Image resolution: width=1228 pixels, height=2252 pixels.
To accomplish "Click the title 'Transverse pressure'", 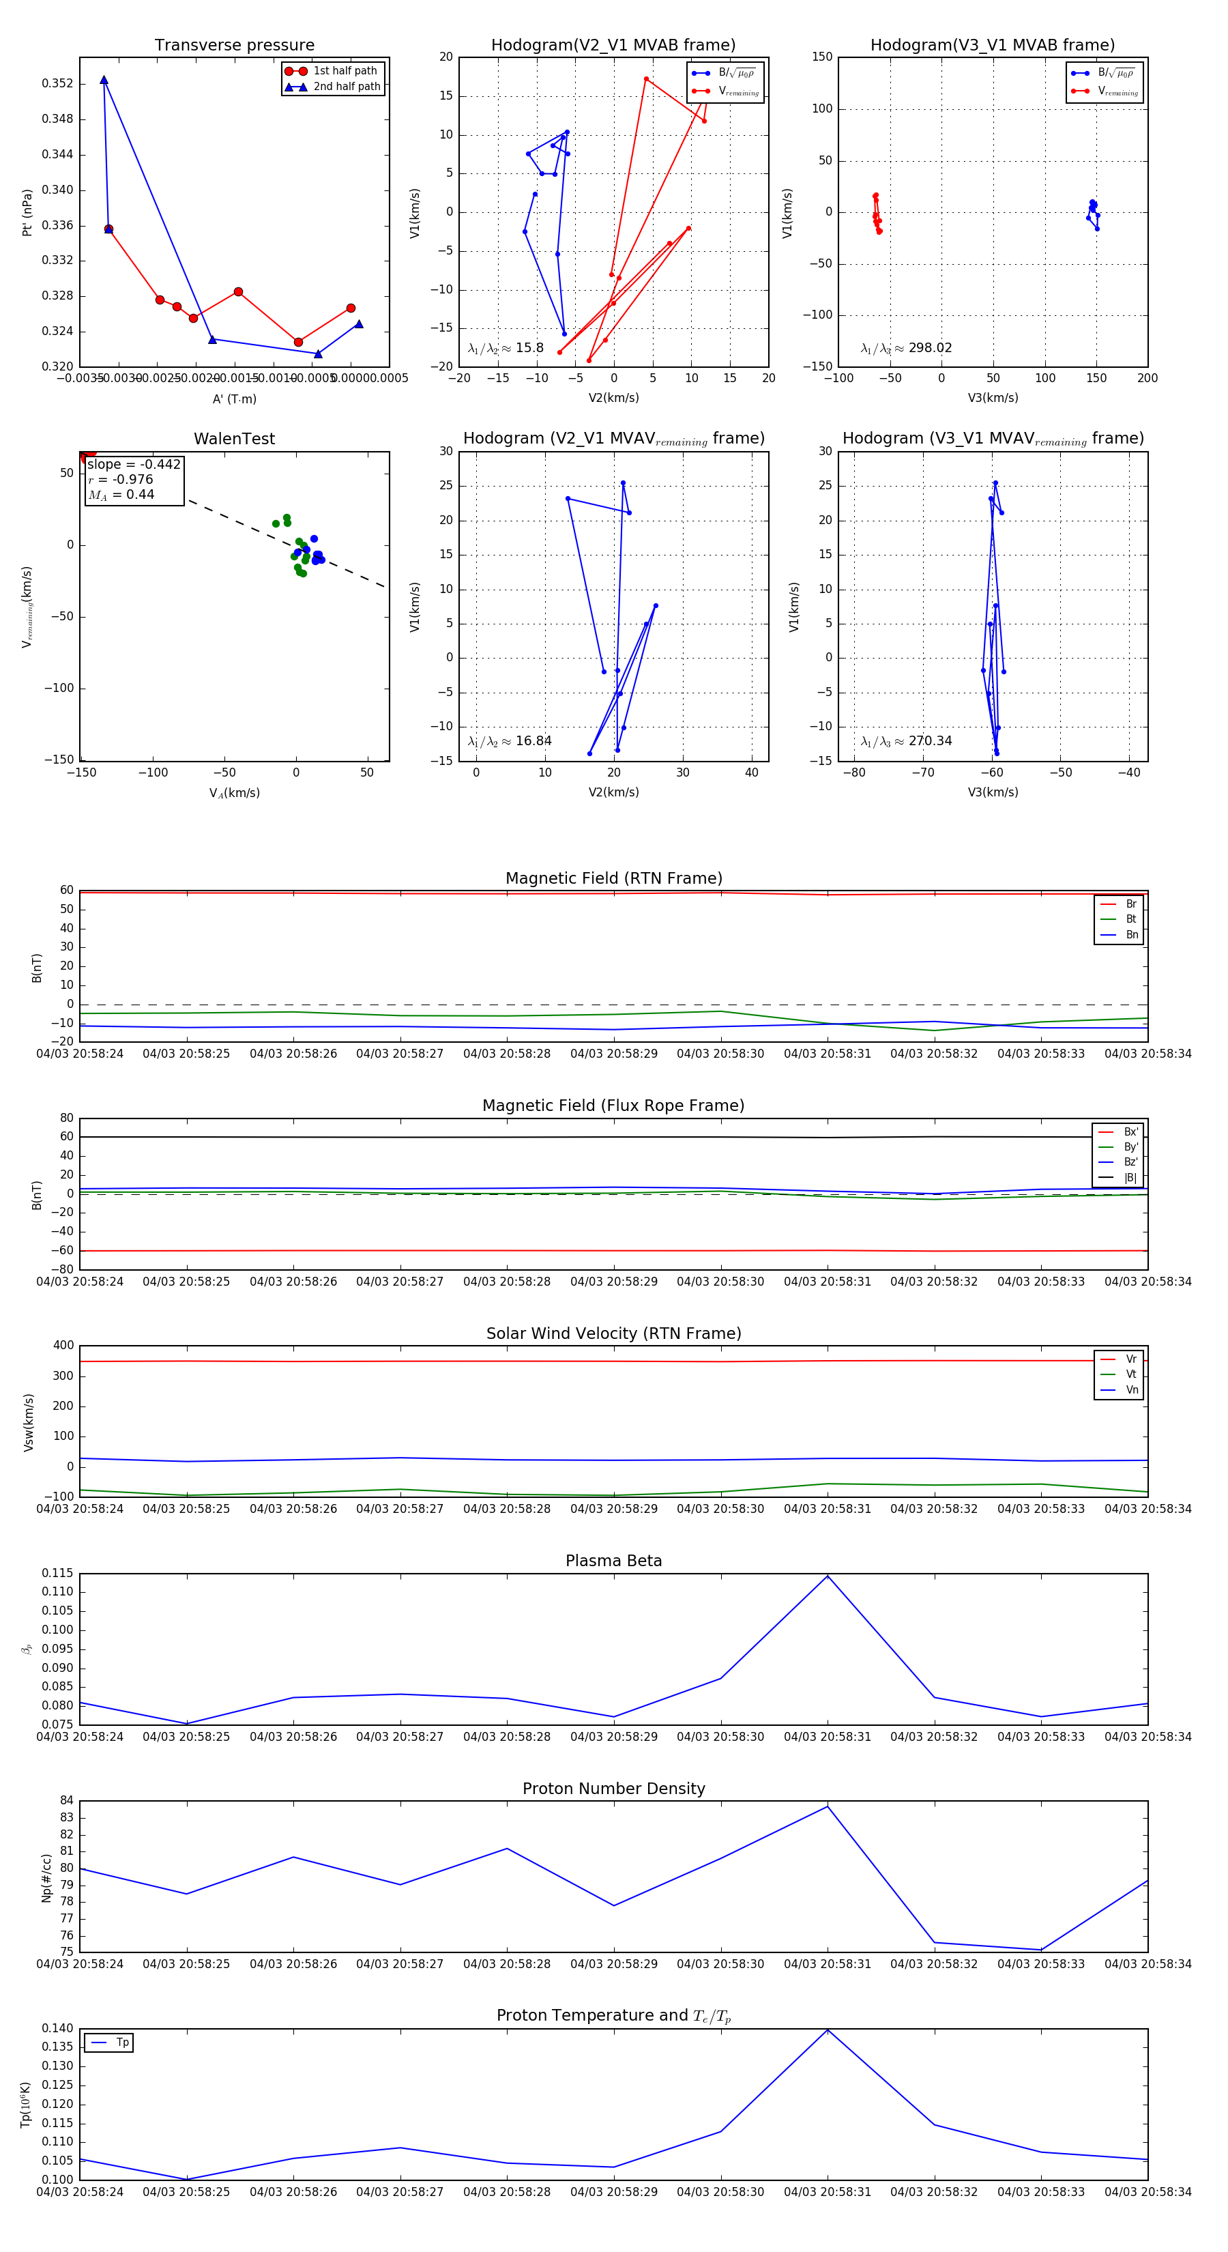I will (234, 46).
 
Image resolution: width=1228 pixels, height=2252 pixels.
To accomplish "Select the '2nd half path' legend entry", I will (346, 87).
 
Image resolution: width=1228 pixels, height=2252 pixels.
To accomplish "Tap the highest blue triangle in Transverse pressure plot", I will (104, 81).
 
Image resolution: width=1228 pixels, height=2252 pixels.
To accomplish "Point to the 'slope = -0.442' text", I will (134, 464).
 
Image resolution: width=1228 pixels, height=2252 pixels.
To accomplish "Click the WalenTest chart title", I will (234, 439).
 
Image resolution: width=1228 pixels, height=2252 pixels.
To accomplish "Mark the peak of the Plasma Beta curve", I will (828, 1576).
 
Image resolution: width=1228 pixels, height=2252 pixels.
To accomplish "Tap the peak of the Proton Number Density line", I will (828, 1806).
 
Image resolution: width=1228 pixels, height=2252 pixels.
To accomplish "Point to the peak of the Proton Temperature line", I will (828, 2030).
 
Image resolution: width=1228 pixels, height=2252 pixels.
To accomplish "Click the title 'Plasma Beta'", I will (613, 1561).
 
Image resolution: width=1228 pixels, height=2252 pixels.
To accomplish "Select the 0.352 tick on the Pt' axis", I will (57, 84).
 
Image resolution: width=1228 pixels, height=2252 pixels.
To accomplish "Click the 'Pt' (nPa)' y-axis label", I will (27, 212).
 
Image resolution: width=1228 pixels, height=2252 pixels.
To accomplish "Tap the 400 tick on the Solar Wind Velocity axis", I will (63, 1346).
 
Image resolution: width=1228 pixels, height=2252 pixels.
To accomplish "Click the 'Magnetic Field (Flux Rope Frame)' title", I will (613, 1106).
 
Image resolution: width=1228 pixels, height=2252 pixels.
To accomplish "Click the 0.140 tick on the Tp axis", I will (57, 2028).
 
